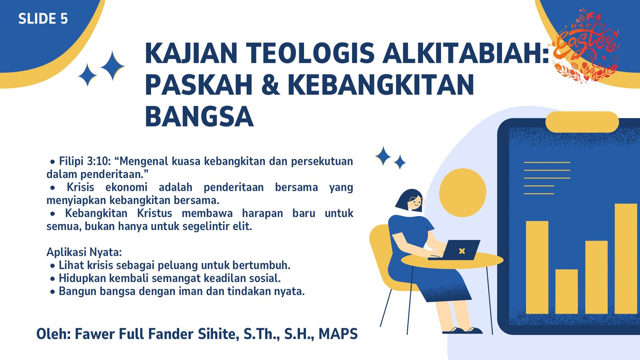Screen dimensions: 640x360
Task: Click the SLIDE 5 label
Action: (43, 19)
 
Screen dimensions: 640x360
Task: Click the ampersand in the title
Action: (270, 85)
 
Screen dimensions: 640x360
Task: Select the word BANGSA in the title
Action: (200, 116)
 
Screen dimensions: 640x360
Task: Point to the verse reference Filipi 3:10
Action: (85, 162)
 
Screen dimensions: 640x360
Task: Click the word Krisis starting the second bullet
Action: (80, 188)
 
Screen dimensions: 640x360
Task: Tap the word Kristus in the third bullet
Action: (154, 214)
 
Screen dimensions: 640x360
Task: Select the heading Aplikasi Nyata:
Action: (84, 252)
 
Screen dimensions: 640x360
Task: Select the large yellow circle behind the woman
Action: (462, 192)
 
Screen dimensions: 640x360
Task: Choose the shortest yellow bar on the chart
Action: (566, 292)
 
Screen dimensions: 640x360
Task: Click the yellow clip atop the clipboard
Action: (582, 122)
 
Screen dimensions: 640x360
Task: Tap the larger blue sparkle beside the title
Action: (112, 66)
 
